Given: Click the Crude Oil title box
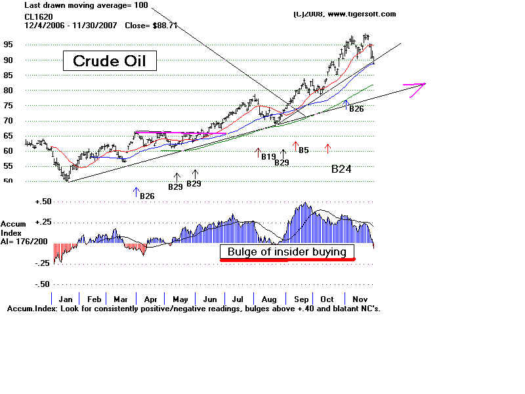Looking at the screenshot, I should pos(110,61).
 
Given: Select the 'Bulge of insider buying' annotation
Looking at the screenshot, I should pos(287,252).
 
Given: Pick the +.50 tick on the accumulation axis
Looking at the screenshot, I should pos(43,202).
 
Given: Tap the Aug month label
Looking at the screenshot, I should pos(268,297).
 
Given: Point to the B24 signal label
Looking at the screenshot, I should pos(341,169).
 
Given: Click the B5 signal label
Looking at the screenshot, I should pos(304,150).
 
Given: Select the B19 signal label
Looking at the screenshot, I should pos(268,156).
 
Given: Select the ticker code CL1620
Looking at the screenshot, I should pos(39,16).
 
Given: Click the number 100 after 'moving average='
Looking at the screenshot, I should pos(141,5).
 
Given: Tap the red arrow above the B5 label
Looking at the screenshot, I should pos(295,146).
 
